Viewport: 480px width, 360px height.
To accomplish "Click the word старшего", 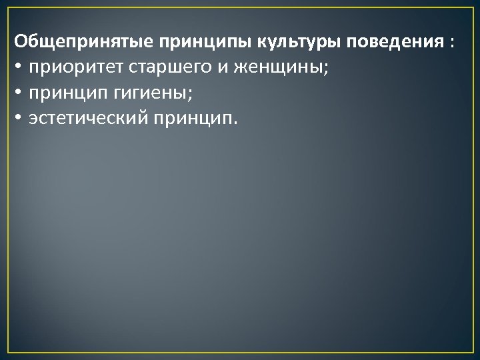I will [157, 69].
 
